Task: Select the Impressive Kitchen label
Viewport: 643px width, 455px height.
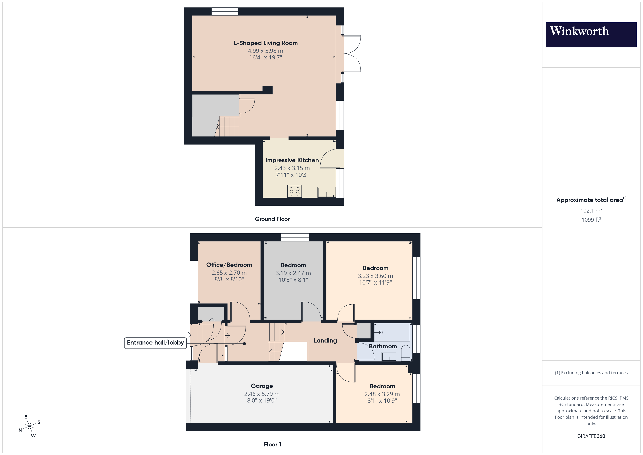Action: (292, 160)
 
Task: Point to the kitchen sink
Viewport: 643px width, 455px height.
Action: (326, 192)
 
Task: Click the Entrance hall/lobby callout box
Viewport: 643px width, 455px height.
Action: (155, 343)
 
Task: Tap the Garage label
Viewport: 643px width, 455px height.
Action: (262, 386)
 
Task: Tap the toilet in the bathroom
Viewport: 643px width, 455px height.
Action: (406, 354)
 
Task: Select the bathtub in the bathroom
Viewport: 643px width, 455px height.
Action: (392, 332)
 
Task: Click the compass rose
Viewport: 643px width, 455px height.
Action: (29, 426)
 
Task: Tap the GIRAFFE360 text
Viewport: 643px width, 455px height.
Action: (591, 436)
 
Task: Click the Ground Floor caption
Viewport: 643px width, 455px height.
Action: (272, 219)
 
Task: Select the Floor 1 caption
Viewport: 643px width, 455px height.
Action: (272, 444)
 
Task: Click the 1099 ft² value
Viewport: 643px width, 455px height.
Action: (591, 220)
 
